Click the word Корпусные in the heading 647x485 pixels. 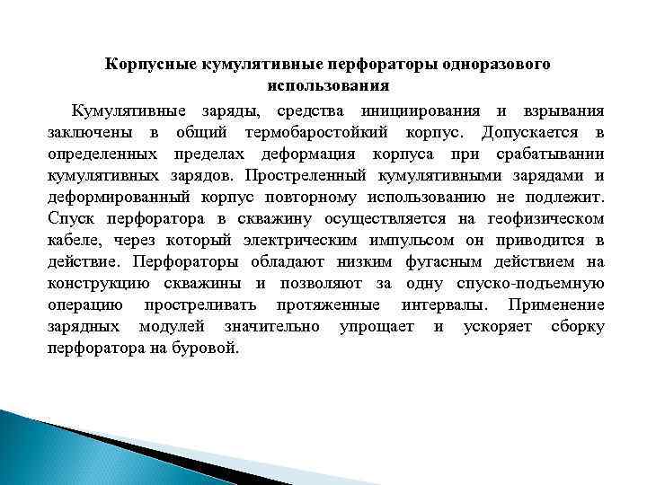point(152,65)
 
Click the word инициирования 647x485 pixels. point(415,111)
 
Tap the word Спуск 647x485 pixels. point(68,219)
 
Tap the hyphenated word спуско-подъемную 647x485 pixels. point(533,284)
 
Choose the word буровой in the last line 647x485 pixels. point(211,348)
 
